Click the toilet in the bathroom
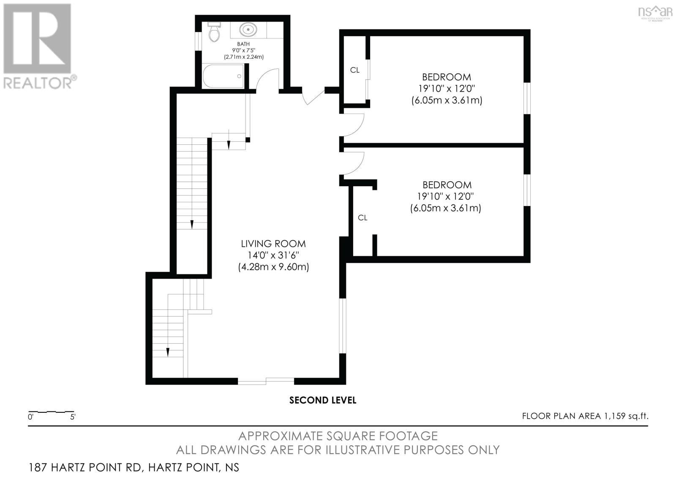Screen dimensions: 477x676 click(215, 32)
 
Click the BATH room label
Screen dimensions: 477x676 click(243, 44)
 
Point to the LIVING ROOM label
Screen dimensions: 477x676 click(273, 244)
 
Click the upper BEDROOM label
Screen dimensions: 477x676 click(447, 77)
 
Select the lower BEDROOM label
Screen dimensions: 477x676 click(447, 185)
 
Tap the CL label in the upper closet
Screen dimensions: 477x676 click(355, 70)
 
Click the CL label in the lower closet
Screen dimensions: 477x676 click(363, 218)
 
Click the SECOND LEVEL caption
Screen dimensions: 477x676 click(323, 400)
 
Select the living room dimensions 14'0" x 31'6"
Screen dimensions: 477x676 click(273, 255)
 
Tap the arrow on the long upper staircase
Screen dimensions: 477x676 click(192, 224)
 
